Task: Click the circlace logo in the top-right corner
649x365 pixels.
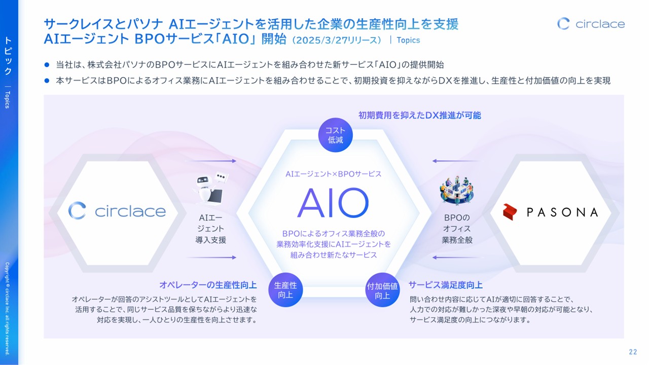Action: pos(591,24)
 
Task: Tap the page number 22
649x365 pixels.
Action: pos(633,352)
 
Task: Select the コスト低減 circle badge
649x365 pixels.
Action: pos(335,135)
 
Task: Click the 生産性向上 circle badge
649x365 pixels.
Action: pos(285,290)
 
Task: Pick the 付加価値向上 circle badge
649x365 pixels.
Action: pos(382,290)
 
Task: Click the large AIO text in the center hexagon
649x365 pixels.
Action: pos(333,203)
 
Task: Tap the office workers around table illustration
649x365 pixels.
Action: pos(457,190)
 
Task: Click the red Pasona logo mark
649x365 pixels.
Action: pos(510,212)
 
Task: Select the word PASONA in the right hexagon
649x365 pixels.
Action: pos(562,212)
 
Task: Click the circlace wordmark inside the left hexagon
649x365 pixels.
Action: pos(130,211)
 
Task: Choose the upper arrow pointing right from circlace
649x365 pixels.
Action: pos(210,161)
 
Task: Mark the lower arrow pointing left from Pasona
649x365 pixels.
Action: pos(458,257)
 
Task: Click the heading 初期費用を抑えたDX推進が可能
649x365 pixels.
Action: pos(419,115)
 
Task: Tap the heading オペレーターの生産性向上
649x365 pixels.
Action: pos(208,285)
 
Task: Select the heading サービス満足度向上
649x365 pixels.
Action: pos(446,285)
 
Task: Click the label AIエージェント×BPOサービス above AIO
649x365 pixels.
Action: pos(334,174)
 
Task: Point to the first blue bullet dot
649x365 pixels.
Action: pos(47,65)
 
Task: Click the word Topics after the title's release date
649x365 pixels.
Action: pos(408,40)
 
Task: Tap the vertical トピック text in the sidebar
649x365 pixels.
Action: pos(8,56)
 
